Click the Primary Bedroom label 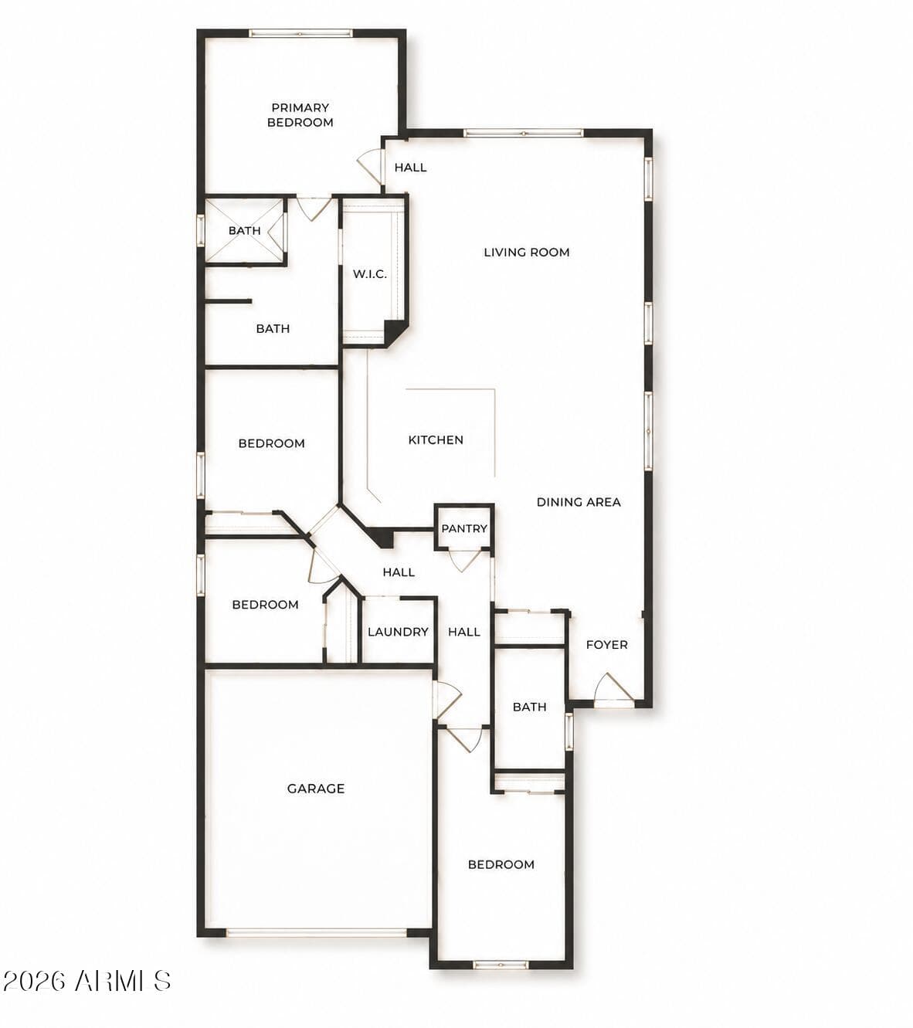(300, 114)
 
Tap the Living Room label (526, 253)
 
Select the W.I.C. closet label (369, 274)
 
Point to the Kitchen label (436, 440)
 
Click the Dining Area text (579, 502)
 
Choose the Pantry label (464, 528)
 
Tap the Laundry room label (398, 632)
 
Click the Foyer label (606, 644)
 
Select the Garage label (316, 788)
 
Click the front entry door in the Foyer (614, 690)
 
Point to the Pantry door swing (463, 561)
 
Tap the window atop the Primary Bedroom (300, 33)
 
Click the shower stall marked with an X (244, 231)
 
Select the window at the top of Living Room (524, 134)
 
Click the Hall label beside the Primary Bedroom (410, 168)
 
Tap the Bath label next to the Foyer (529, 707)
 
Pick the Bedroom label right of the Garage (501, 864)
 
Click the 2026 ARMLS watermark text (87, 981)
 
